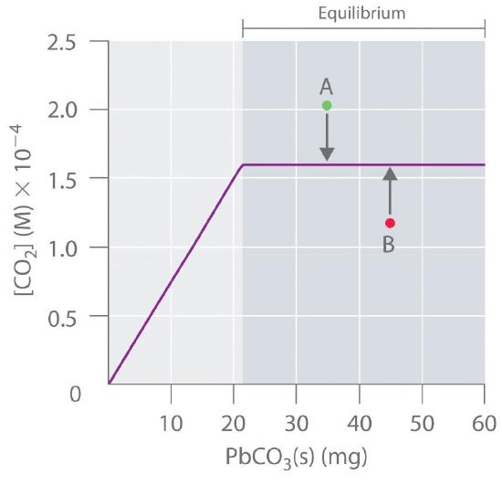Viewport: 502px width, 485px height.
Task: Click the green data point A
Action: pos(327,106)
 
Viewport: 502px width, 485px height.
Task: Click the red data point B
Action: pos(390,223)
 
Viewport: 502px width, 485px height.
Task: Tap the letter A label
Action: pos(326,86)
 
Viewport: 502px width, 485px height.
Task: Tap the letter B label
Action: pos(388,246)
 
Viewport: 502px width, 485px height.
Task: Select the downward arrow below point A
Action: pos(327,140)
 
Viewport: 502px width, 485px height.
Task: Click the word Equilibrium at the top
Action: pos(361,14)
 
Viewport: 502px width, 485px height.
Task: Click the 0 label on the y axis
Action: pos(75,395)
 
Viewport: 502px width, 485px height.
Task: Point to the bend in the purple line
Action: pos(243,165)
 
